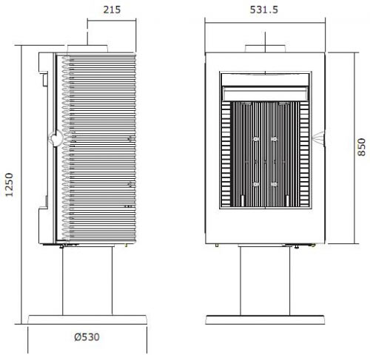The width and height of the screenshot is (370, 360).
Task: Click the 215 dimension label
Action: point(112,10)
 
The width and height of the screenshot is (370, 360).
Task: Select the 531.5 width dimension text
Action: point(263,10)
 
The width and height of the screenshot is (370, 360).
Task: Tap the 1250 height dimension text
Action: point(9,185)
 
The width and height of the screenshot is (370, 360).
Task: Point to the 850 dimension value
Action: point(361,147)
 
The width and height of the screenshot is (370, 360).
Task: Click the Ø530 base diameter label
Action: point(87,337)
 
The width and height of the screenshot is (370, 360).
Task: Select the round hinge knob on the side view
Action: point(56,138)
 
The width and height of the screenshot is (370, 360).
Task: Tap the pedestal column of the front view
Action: point(265,281)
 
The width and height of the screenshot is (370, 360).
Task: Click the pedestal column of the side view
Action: point(87,280)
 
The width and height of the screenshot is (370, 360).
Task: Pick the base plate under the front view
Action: point(265,319)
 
